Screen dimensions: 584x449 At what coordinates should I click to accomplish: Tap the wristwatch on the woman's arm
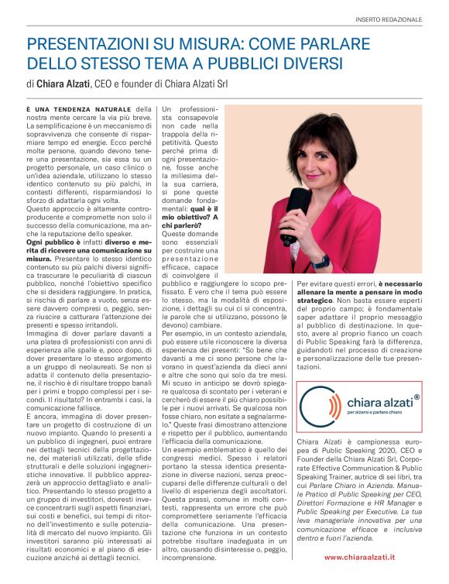[320, 261]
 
